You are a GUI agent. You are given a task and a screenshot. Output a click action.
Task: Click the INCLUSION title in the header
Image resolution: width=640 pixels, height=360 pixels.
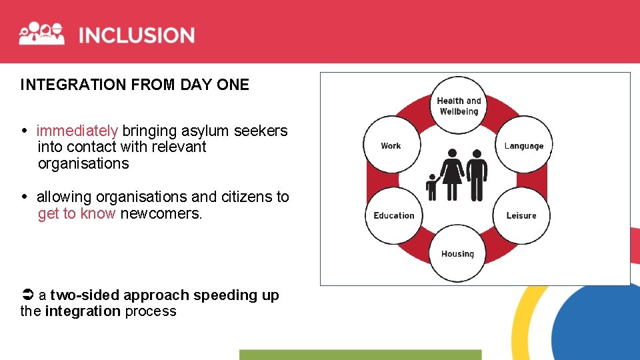coord(137,35)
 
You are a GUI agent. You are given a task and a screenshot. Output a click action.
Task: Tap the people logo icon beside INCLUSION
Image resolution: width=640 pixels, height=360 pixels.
coord(41,33)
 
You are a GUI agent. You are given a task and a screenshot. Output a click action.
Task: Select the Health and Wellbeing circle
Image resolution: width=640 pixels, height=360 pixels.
coord(458,105)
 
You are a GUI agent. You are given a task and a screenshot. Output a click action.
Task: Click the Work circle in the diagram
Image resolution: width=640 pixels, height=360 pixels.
coord(391,145)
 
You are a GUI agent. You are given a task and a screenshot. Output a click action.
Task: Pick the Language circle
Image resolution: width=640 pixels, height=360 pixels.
coord(523,145)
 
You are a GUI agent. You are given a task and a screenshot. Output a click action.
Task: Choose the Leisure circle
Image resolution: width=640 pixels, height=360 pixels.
coord(521,215)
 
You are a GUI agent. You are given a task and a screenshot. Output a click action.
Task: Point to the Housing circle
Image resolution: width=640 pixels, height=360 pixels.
coord(457,253)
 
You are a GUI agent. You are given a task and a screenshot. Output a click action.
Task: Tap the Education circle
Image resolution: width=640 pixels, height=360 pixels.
coord(393,215)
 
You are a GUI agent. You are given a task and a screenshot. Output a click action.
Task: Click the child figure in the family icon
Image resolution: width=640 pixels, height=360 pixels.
coord(431,187)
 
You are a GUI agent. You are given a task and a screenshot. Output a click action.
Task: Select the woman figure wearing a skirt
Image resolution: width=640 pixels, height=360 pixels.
coord(452,175)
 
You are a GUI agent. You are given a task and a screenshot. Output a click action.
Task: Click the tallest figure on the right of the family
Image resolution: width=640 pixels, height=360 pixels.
coord(476,175)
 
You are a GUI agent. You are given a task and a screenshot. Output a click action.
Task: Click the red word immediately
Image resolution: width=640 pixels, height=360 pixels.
coord(77,131)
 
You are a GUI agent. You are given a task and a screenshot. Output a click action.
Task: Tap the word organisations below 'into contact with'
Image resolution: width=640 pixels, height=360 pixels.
coord(83,163)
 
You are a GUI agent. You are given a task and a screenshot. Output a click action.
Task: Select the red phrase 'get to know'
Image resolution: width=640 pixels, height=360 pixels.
coord(77,213)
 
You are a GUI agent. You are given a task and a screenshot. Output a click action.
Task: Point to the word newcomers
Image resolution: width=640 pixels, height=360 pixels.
coord(160,213)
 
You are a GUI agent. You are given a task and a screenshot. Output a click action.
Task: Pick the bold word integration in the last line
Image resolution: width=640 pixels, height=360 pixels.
coord(83,311)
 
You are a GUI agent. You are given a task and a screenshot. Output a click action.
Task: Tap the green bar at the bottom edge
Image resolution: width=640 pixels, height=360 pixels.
coord(360,355)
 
